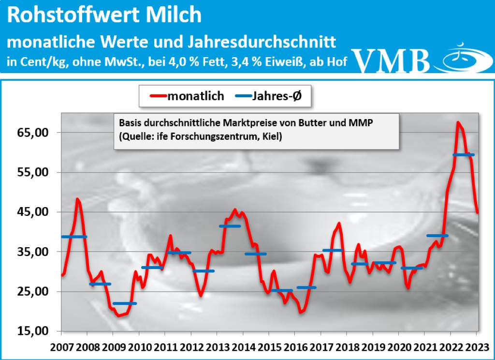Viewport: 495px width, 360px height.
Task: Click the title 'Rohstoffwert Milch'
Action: pyautogui.click(x=104, y=16)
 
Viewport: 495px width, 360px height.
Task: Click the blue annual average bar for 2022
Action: pyautogui.click(x=464, y=155)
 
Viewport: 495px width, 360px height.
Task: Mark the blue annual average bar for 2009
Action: pyautogui.click(x=125, y=303)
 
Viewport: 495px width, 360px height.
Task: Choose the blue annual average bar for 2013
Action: pyautogui.click(x=230, y=226)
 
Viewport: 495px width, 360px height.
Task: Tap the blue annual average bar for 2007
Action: pyautogui.click(x=73, y=237)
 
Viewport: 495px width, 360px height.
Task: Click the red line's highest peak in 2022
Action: pyautogui.click(x=458, y=122)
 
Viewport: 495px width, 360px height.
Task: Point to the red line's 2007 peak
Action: pyautogui.click(x=77, y=199)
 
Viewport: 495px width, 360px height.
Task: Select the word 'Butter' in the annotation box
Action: pyautogui.click(x=315, y=123)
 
